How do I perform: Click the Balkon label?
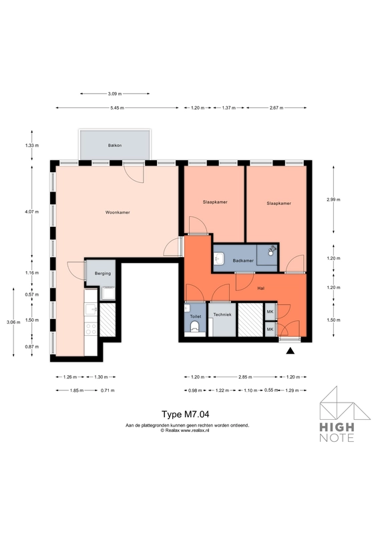tap(114, 146)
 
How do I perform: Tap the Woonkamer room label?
tap(118, 213)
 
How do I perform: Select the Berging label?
tap(103, 274)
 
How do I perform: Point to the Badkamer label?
tap(243, 260)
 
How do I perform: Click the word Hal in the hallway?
tap(261, 288)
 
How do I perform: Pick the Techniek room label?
tap(222, 314)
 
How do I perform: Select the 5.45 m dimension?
tap(117, 107)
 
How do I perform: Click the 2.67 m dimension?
tap(276, 107)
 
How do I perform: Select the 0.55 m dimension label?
tap(270, 390)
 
